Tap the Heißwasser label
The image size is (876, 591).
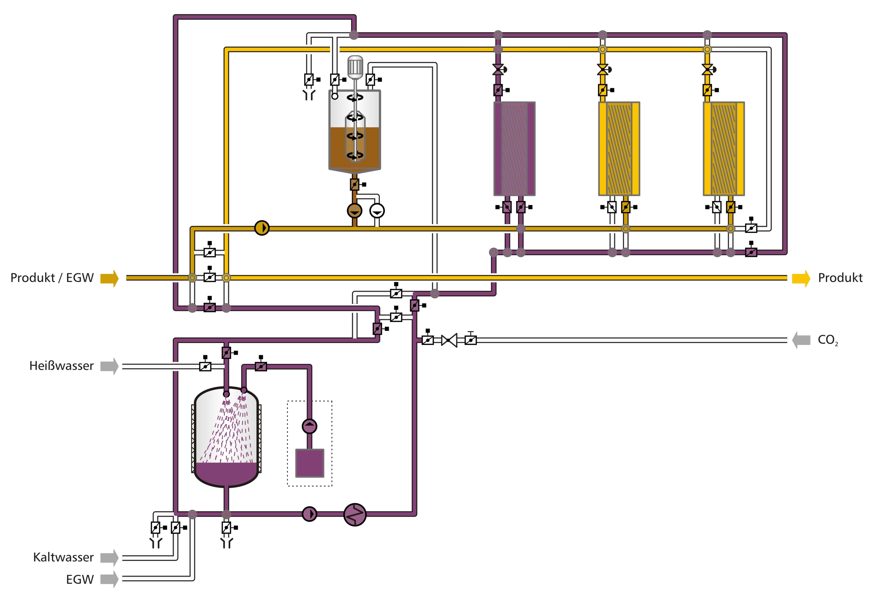[61, 366]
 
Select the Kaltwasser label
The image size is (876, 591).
[63, 557]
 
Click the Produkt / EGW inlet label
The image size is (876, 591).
[52, 278]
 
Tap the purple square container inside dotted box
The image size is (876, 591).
[310, 463]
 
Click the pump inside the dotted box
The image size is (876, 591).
[310, 426]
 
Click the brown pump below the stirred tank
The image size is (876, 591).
[354, 211]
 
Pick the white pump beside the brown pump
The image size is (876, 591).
[377, 211]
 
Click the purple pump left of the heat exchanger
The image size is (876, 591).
[310, 514]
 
